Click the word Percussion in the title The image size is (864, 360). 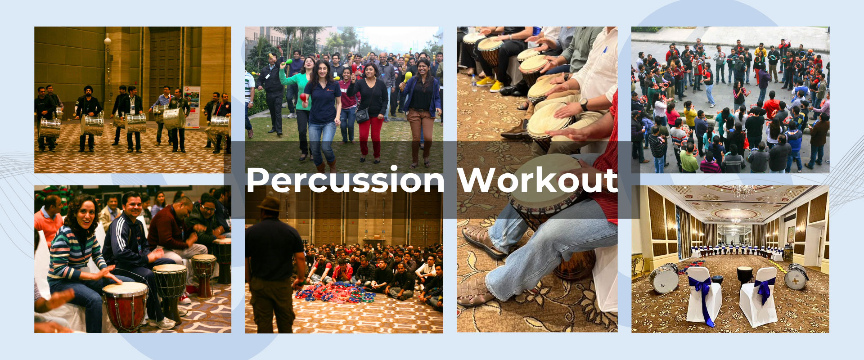click(345, 181)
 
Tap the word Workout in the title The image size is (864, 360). click(538, 180)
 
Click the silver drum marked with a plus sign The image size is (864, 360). click(796, 276)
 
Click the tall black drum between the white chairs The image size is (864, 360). click(744, 279)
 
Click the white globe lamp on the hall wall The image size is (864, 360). click(108, 41)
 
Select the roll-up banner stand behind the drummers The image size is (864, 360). click(192, 107)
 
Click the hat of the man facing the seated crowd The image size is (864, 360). click(269, 203)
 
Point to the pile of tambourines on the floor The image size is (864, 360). click(335, 292)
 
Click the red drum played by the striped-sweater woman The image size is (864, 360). click(125, 306)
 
